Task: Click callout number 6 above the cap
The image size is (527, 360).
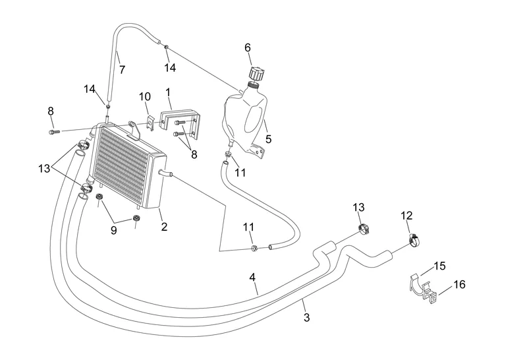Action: point(248,47)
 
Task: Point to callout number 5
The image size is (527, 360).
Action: point(268,139)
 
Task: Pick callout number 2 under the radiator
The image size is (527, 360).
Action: point(164,227)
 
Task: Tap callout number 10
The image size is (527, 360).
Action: point(145,97)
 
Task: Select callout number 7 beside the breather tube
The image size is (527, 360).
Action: point(122,69)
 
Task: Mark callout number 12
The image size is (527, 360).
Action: point(406,216)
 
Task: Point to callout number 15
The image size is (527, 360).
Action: point(440,266)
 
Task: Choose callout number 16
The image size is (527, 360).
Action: point(460,285)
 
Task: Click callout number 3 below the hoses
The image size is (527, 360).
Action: point(306,318)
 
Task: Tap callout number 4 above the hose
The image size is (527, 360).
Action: point(253,278)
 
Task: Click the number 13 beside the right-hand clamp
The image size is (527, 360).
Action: point(358,208)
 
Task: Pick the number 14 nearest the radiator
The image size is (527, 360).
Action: point(90,89)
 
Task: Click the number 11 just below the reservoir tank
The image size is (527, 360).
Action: point(240,173)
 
